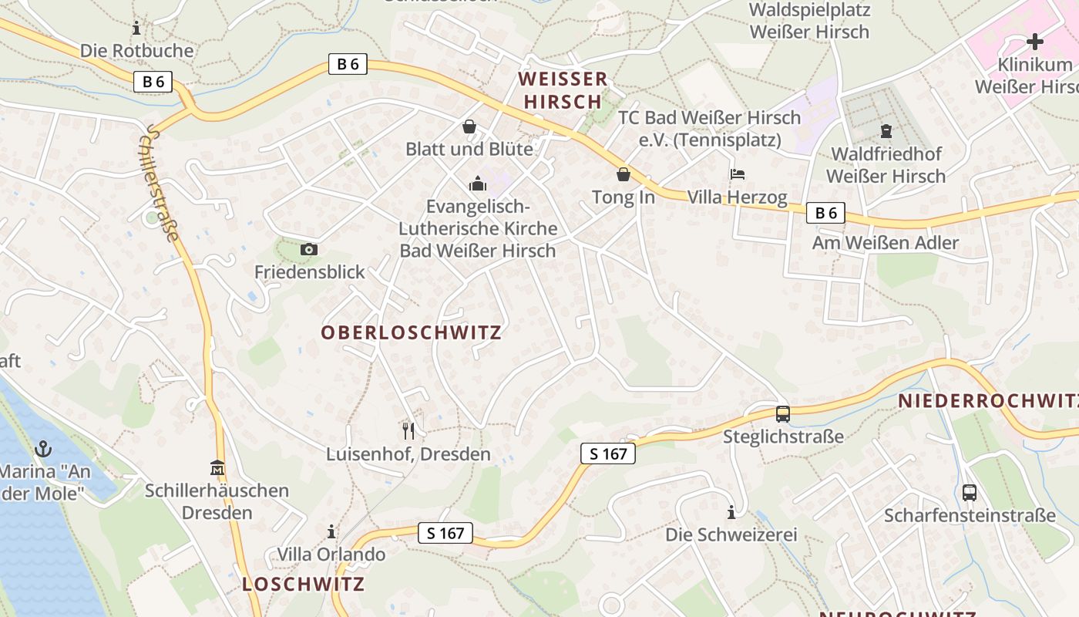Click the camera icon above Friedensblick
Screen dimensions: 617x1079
pyautogui.click(x=308, y=249)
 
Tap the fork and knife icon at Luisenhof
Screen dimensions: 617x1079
pyautogui.click(x=408, y=430)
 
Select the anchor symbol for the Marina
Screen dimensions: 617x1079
pyautogui.click(x=43, y=448)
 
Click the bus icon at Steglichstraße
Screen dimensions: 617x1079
pyautogui.click(x=782, y=413)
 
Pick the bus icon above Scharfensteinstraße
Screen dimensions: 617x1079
pyautogui.click(x=969, y=492)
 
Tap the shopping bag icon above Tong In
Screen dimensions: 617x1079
pyautogui.click(x=623, y=174)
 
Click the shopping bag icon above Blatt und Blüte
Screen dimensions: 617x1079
pyautogui.click(x=469, y=126)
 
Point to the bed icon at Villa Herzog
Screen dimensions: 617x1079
pyautogui.click(x=738, y=174)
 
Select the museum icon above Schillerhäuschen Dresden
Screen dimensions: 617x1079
pyautogui.click(x=217, y=467)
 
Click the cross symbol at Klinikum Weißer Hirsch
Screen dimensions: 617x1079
pyautogui.click(x=1034, y=41)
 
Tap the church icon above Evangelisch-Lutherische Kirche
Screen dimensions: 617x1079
pyautogui.click(x=478, y=184)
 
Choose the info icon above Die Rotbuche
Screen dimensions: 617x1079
pyautogui.click(x=136, y=28)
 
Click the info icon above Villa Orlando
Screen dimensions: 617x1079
pyautogui.click(x=331, y=531)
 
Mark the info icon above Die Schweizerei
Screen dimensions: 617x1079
pyautogui.click(x=731, y=512)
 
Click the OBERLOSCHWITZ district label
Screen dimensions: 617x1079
pyautogui.click(x=411, y=332)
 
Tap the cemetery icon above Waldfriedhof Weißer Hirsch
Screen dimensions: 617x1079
pyautogui.click(x=885, y=131)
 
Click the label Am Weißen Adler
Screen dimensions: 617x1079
pyautogui.click(x=885, y=243)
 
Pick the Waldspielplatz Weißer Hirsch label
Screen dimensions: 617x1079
pyautogui.click(x=809, y=21)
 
